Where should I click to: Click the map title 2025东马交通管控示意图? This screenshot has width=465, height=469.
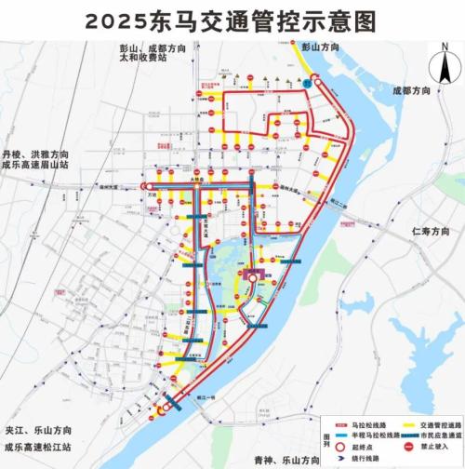[232, 20]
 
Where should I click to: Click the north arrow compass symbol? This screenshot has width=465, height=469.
[445, 67]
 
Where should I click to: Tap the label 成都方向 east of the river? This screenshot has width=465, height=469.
[412, 91]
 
